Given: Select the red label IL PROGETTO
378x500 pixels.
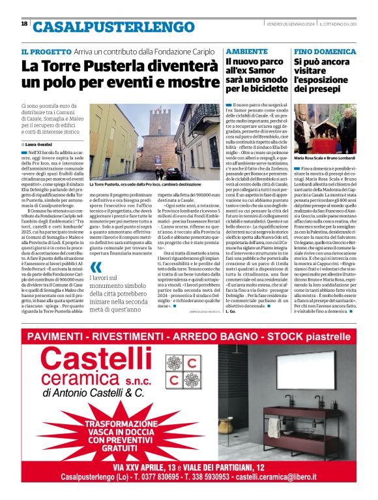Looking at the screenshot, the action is coord(45,50).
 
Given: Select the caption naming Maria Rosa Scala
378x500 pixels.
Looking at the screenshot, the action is coord(324,159).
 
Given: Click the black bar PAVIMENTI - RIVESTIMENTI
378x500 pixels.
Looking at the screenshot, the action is coord(188,336).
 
